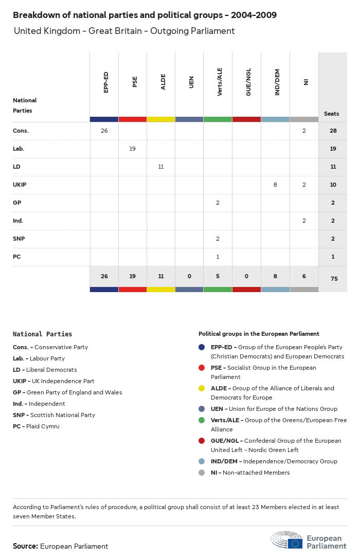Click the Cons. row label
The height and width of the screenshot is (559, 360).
21,131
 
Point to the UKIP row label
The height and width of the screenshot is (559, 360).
20,185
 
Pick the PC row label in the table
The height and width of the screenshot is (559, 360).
17,257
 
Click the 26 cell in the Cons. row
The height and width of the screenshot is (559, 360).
104,131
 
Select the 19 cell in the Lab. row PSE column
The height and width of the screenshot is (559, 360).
133,149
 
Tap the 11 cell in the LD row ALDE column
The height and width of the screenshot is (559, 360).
161,167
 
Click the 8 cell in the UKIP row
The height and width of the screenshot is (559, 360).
275,185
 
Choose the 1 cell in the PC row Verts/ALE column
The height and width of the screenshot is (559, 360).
218,257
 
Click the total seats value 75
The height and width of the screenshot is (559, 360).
333,278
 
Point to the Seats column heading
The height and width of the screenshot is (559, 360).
332,114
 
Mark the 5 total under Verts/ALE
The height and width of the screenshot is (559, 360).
218,276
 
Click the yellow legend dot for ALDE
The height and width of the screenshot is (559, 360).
202,388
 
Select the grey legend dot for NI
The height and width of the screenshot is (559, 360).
202,473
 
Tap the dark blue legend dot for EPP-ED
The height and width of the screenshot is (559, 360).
202,347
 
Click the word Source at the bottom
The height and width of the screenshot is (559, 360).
25,546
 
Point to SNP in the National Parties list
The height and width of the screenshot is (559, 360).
19,415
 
